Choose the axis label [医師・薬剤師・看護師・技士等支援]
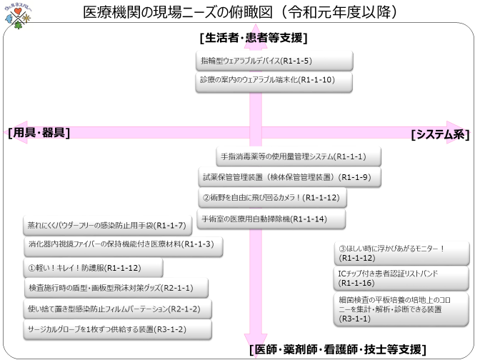point(338,349)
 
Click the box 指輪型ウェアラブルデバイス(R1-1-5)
point(274,61)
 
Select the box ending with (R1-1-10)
point(274,81)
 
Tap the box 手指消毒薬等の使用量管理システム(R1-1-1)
point(299,156)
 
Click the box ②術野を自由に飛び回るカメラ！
point(279,197)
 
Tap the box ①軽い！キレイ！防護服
point(93,268)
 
